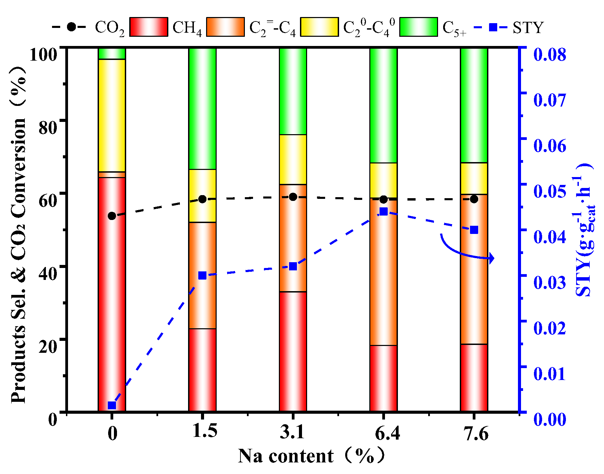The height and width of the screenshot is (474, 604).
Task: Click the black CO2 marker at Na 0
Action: pos(112,216)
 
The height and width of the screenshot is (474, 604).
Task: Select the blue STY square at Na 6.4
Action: pos(383,211)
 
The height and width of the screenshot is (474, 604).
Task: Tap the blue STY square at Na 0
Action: pos(112,405)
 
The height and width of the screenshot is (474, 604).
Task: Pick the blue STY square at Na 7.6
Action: pos(474,230)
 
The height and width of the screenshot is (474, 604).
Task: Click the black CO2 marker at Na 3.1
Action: pos(293,197)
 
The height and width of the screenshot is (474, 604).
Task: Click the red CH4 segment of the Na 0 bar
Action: pos(112,293)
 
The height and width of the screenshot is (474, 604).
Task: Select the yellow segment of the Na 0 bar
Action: pos(112,116)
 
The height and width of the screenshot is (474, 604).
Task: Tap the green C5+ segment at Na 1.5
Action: pos(202,109)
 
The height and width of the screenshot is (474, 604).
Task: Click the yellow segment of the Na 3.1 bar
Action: pos(293,159)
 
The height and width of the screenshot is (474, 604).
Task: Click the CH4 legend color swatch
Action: pos(149,27)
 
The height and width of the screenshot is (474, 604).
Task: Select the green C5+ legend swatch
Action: pos(418,27)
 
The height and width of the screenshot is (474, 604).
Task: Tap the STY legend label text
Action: pos(528,27)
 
